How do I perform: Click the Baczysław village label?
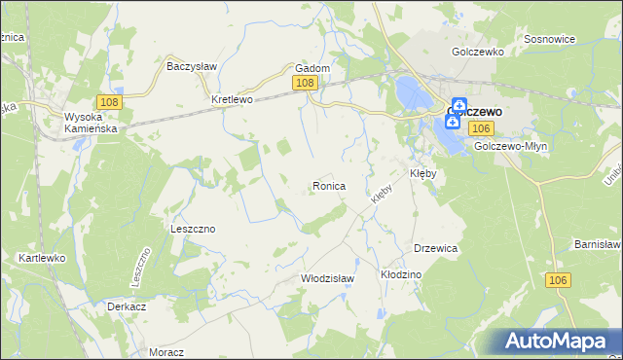[192, 67]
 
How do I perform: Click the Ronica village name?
[328, 185]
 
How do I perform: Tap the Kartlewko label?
[41, 258]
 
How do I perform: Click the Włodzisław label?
[326, 278]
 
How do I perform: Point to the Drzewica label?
[435, 248]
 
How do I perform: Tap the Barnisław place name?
[597, 243]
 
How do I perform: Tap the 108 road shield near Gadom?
[305, 84]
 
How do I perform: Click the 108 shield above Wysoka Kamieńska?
[108, 101]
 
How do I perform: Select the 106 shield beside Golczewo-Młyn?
[479, 128]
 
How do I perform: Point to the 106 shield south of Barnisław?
[557, 280]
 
